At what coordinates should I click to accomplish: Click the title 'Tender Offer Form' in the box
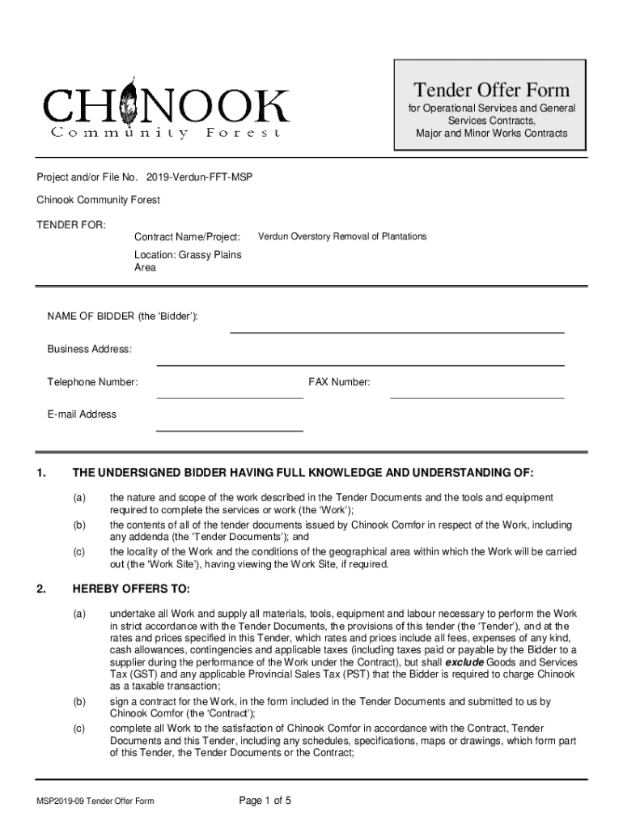(x=492, y=90)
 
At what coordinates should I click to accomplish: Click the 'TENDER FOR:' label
(x=70, y=223)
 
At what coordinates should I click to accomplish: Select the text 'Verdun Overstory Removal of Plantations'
(x=341, y=236)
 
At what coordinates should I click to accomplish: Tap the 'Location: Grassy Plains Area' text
(x=188, y=261)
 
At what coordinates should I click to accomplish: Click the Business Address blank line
(x=360, y=364)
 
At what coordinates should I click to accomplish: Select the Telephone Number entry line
(x=229, y=397)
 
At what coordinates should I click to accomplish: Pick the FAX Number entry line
(x=477, y=397)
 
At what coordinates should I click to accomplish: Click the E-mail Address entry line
(x=229, y=429)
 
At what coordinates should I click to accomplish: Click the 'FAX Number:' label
(x=339, y=382)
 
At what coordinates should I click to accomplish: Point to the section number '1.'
(x=41, y=473)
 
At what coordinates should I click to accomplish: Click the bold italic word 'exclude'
(x=465, y=661)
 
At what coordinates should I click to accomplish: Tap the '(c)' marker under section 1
(x=79, y=551)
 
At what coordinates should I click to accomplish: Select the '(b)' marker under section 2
(x=79, y=701)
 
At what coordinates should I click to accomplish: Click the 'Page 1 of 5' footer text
(x=265, y=801)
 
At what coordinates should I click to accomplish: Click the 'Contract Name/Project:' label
(x=187, y=236)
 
